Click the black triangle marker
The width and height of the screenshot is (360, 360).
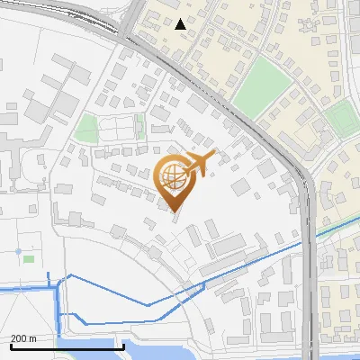tap(181, 23)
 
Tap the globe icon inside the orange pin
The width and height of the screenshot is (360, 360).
tap(175, 177)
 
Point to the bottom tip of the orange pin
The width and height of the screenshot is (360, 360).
tap(175, 211)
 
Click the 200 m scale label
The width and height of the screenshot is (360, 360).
tap(23, 338)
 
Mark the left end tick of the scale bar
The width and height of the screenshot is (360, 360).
tap(11, 346)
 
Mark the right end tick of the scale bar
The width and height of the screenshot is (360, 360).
tap(123, 346)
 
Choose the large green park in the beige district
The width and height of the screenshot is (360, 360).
tap(263, 88)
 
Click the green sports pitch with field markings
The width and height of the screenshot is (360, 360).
tap(341, 119)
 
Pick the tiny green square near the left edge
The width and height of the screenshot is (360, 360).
tap(29, 259)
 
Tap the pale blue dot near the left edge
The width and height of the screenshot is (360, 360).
tap(18, 251)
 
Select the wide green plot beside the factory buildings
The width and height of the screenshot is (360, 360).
tap(86, 128)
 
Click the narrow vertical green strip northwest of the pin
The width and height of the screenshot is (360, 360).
tap(139, 126)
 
